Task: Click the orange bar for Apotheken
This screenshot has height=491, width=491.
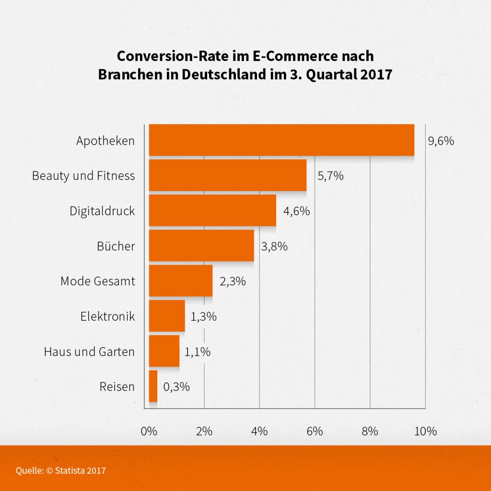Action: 281,140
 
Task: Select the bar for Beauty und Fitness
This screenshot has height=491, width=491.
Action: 228,175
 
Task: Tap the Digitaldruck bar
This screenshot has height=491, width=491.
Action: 212,210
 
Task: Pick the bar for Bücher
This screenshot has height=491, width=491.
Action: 201,245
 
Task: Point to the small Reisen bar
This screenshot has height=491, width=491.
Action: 153,386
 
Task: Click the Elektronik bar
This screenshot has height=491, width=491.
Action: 167,316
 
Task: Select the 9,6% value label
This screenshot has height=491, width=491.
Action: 440,141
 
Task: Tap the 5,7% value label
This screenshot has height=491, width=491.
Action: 330,176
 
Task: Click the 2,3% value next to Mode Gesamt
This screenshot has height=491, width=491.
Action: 233,281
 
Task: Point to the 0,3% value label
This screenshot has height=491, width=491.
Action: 176,387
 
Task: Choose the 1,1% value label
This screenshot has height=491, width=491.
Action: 198,351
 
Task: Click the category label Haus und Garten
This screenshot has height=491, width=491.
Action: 89,351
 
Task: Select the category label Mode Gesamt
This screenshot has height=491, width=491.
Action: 98,281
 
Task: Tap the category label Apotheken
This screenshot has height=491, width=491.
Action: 105,141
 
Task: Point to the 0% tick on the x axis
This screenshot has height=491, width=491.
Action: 149,431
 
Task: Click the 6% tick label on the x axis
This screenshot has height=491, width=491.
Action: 315,431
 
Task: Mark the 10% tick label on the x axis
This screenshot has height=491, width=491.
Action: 425,431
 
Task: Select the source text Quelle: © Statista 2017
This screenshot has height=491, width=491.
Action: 61,470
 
